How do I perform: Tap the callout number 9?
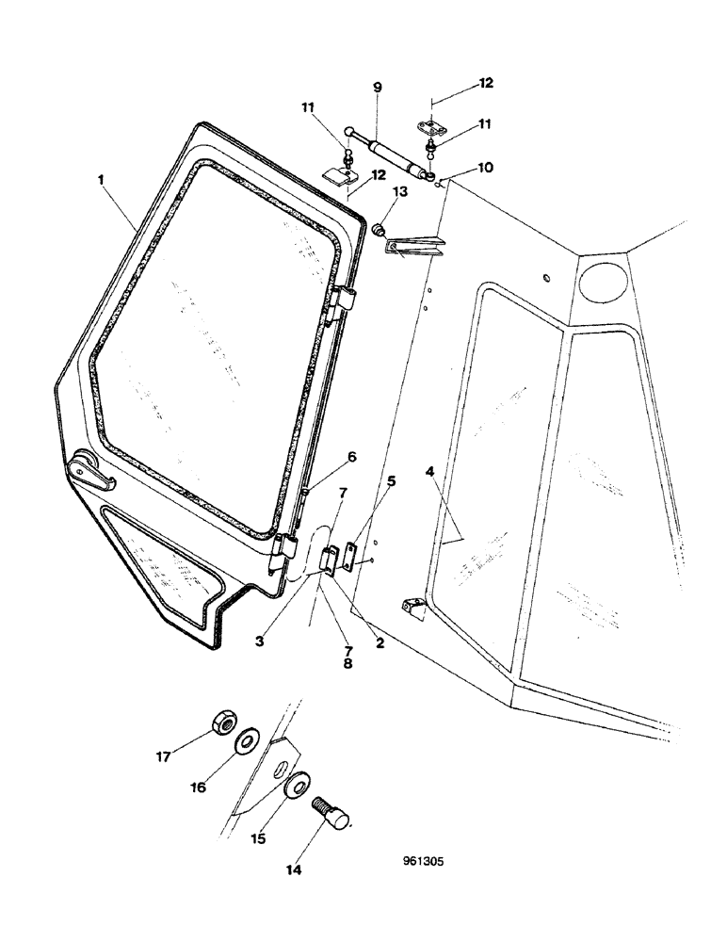(377, 88)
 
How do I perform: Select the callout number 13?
(400, 191)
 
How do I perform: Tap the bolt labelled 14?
(335, 816)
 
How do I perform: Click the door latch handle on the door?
(90, 471)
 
